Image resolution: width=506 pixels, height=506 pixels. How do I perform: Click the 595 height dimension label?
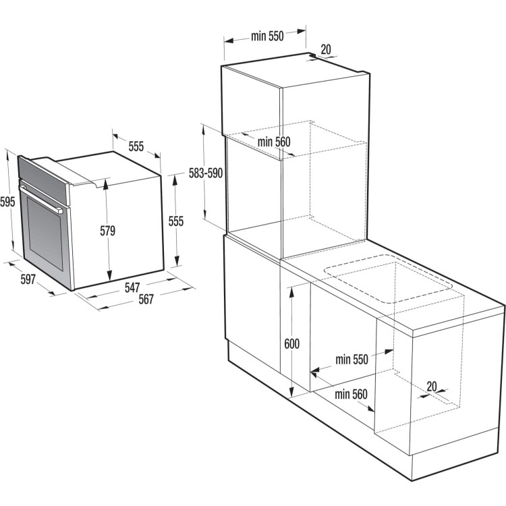pos(7,202)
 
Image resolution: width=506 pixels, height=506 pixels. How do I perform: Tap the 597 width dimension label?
pos(28,279)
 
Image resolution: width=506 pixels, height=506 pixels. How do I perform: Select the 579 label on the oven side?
pos(107,231)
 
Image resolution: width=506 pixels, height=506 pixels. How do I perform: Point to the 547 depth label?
pos(132,287)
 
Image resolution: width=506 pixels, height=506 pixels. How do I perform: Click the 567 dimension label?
pos(146,299)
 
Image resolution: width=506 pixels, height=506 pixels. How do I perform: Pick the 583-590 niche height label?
pos(206,173)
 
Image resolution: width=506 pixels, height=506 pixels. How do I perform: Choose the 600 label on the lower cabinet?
pos(291,344)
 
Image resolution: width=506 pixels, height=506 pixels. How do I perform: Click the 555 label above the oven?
pos(136,146)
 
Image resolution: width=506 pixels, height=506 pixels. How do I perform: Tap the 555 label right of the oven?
pos(176,221)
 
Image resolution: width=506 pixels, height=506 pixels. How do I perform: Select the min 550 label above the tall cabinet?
pos(267,36)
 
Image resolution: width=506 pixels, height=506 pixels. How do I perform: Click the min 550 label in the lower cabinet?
pos(352,360)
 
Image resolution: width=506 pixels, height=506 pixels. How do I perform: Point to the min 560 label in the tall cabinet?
pos(274,142)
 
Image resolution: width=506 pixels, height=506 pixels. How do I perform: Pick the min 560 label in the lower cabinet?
pos(351,394)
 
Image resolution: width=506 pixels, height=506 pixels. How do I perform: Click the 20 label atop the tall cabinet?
pos(326,49)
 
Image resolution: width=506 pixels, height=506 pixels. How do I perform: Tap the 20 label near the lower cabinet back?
pos(432,387)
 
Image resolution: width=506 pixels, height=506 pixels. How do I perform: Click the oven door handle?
pos(41,199)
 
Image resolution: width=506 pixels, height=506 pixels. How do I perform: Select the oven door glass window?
pos(45,233)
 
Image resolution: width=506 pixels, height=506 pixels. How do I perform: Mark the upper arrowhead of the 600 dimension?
pos(291,292)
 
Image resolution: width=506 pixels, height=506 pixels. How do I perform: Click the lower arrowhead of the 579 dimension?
pos(109,275)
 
